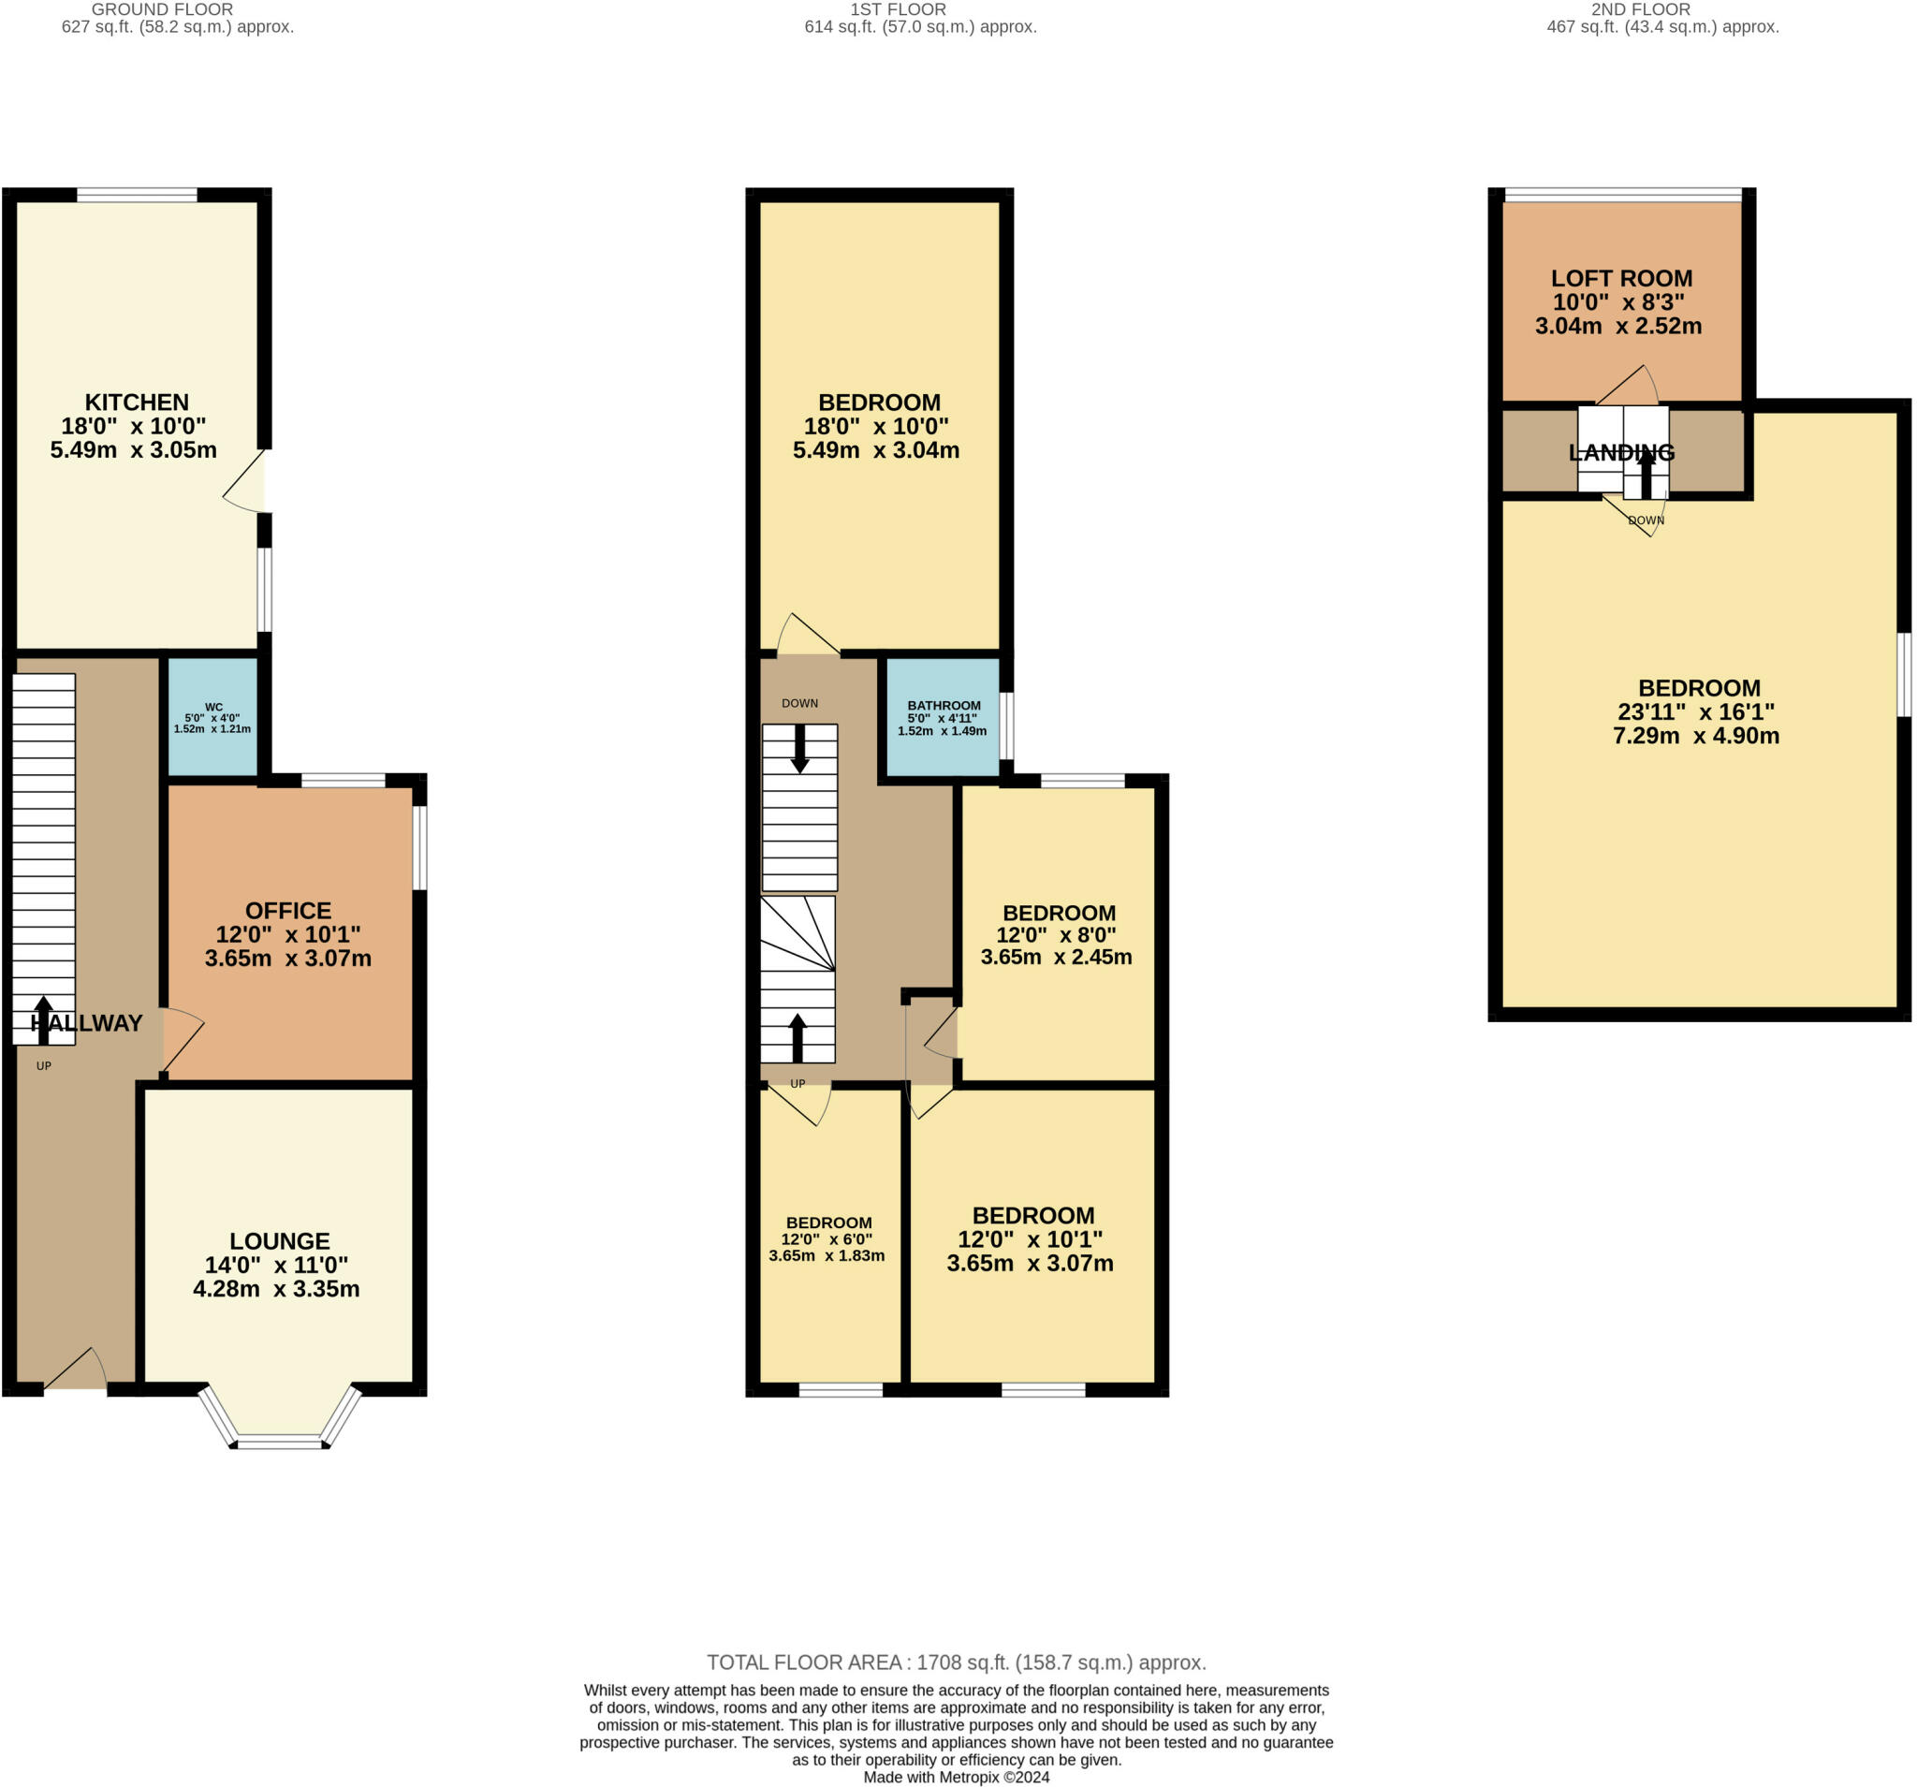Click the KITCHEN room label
[x=137, y=403]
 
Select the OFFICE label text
[x=288, y=911]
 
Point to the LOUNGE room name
[x=280, y=1241]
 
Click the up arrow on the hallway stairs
[x=43, y=1020]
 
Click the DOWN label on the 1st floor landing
[x=800, y=703]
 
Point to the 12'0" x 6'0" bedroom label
[x=828, y=1223]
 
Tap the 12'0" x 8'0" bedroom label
[x=1060, y=914]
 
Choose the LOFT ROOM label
[x=1622, y=278]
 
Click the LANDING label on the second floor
[x=1622, y=452]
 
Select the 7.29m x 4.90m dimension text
[x=1696, y=736]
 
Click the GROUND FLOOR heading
[x=162, y=9]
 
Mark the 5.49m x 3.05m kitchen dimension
[x=133, y=449]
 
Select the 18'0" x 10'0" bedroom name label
[x=880, y=403]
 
